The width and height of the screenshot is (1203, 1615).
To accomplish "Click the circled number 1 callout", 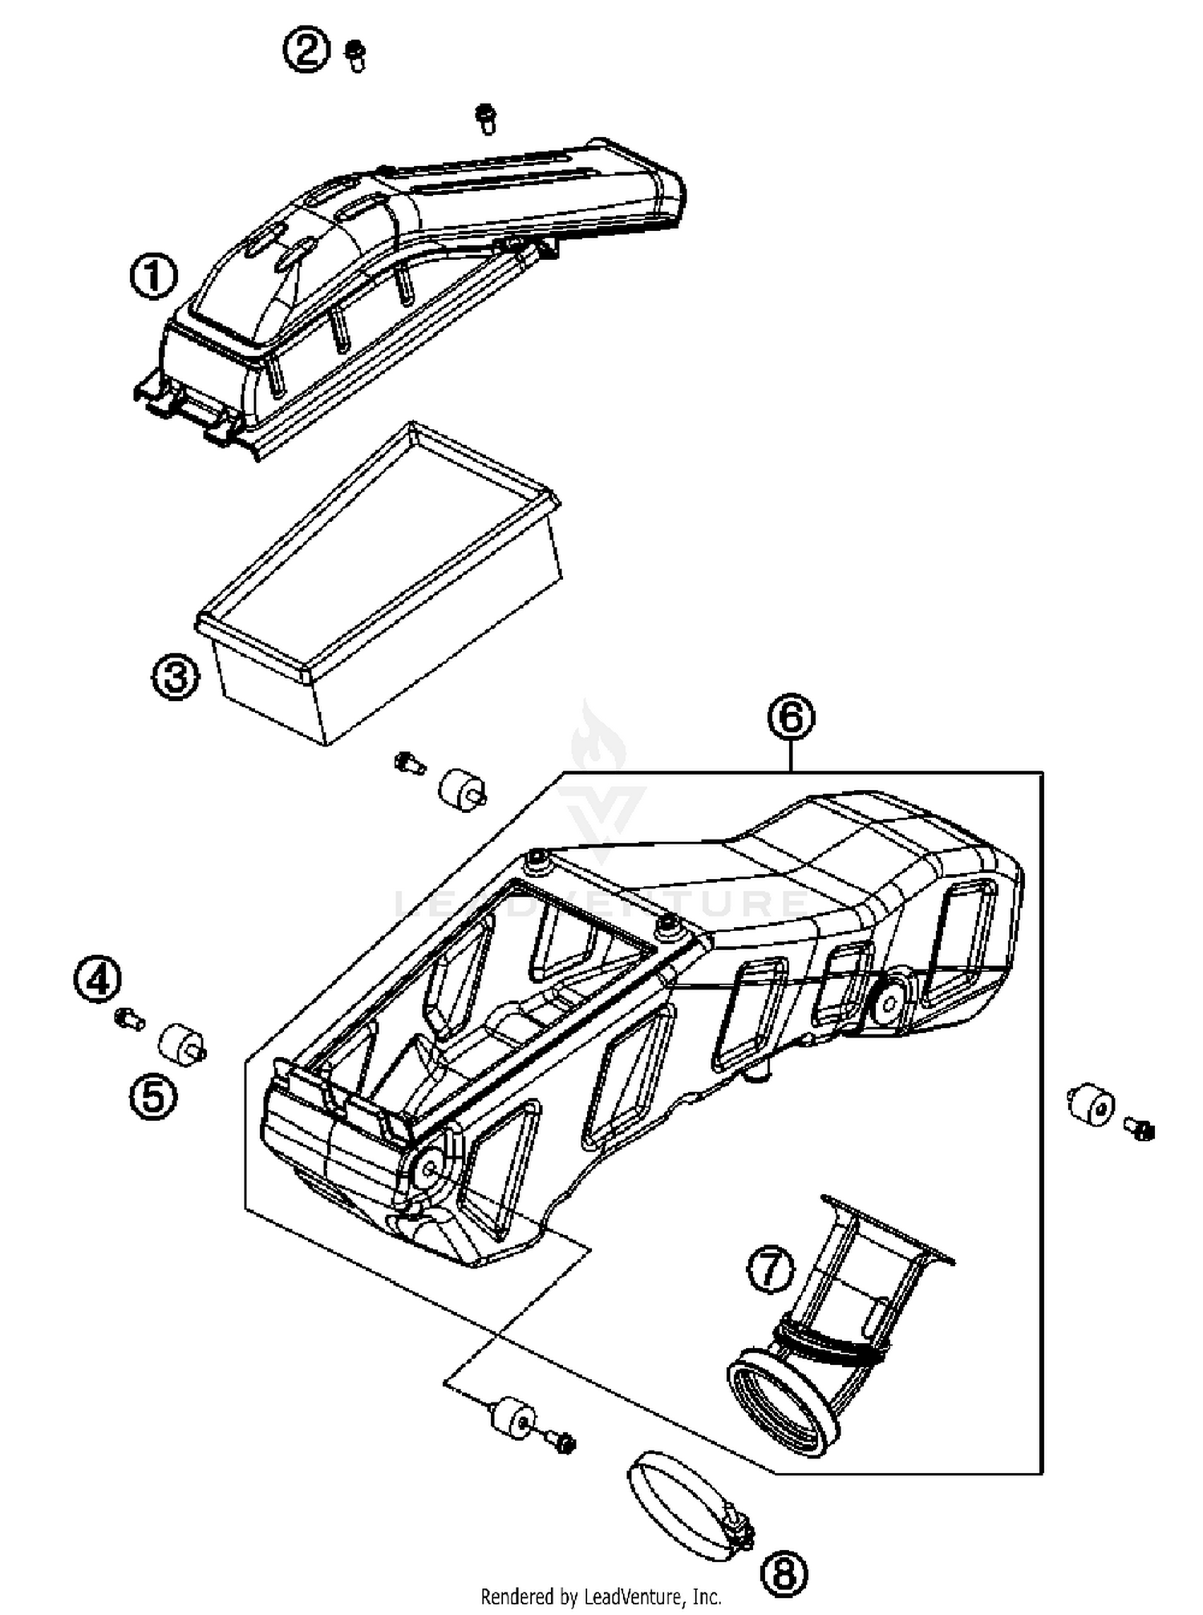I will pyautogui.click(x=154, y=277).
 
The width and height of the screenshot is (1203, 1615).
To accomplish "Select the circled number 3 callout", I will pyautogui.click(x=176, y=677).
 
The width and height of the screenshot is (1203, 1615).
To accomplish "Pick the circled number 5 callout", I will pyautogui.click(x=153, y=1095).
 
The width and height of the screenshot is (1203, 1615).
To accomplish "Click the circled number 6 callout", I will pyautogui.click(x=791, y=717).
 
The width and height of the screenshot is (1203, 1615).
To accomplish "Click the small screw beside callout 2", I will pyautogui.click(x=355, y=56).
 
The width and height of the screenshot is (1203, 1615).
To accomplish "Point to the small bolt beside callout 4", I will pyautogui.click(x=128, y=1020).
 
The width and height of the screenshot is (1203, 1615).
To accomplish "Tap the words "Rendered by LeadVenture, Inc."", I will pyautogui.click(x=601, y=1597).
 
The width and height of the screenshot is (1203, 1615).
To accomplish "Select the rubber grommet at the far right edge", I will pyautogui.click(x=1092, y=1106).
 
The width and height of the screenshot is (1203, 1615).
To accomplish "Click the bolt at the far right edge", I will pyautogui.click(x=1139, y=1129).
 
